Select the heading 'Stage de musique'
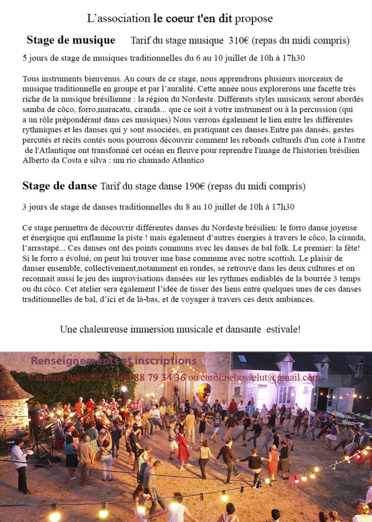click(71, 40)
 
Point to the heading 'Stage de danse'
click(59, 186)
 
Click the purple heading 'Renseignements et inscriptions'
click(114, 361)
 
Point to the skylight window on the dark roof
click(243, 358)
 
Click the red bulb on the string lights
click(296, 480)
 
